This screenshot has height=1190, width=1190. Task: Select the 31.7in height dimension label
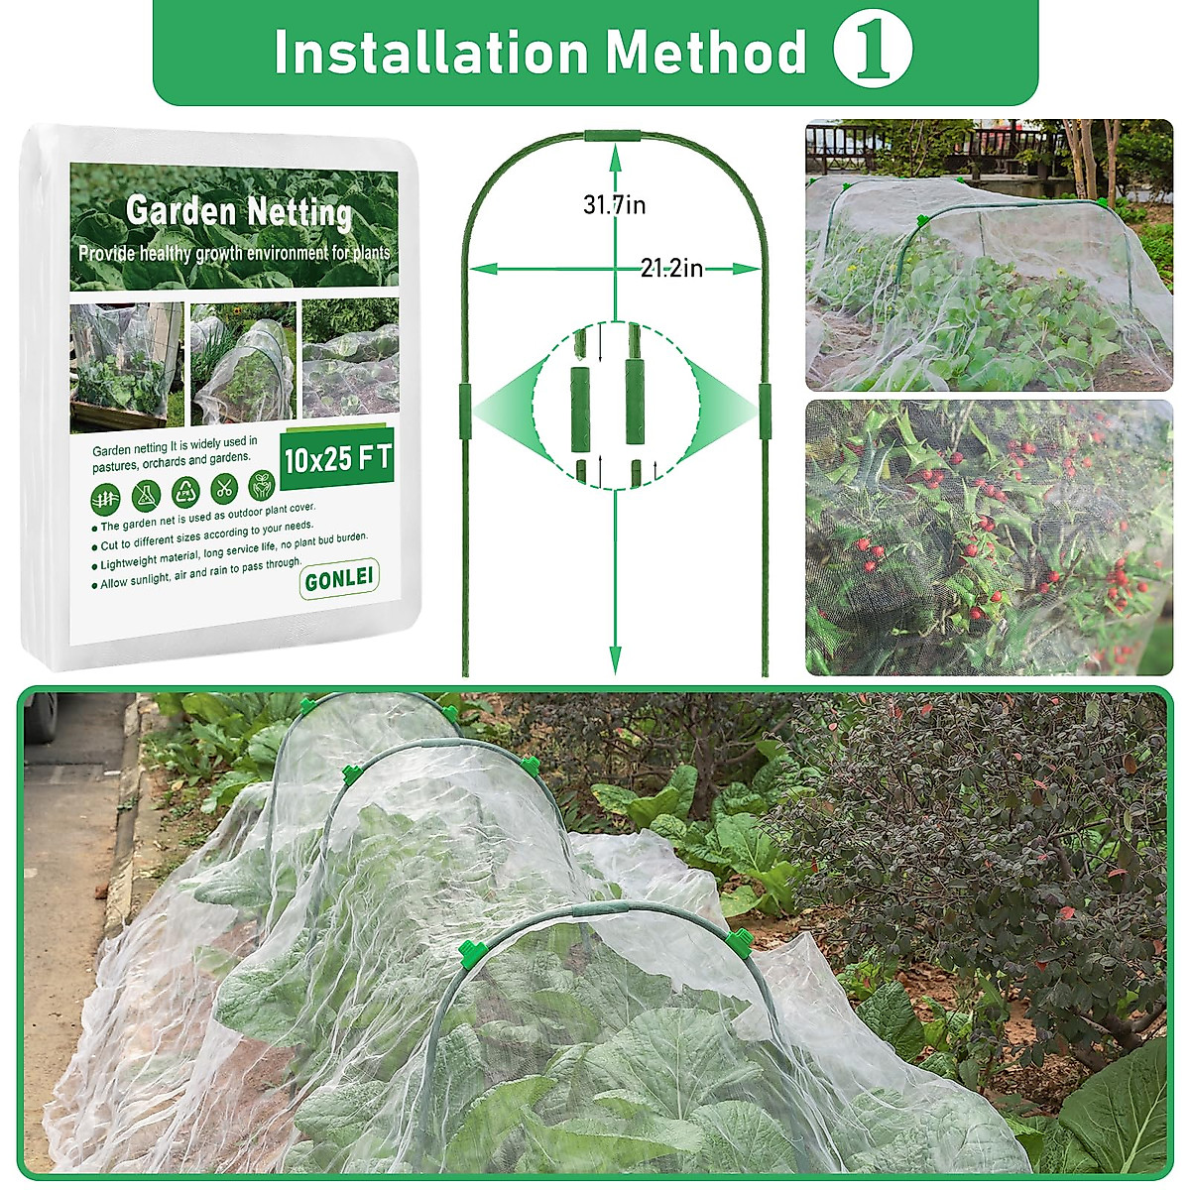[614, 205]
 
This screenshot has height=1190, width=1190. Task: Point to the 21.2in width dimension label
[672, 268]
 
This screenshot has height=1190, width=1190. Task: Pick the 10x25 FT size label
[337, 458]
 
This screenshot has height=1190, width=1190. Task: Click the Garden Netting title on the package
[239, 211]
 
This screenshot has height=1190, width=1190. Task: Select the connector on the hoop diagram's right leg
[765, 407]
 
